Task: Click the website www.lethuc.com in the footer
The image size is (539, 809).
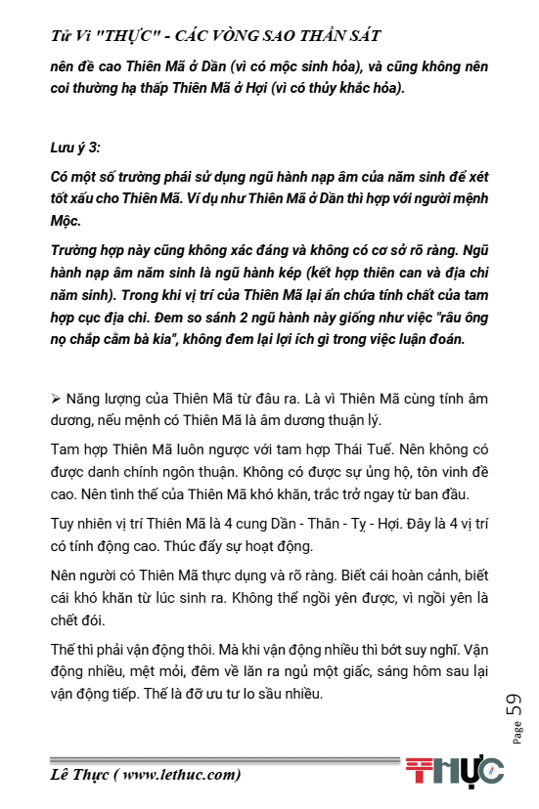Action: click(x=180, y=776)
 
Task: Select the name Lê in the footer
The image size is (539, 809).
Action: click(x=62, y=776)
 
